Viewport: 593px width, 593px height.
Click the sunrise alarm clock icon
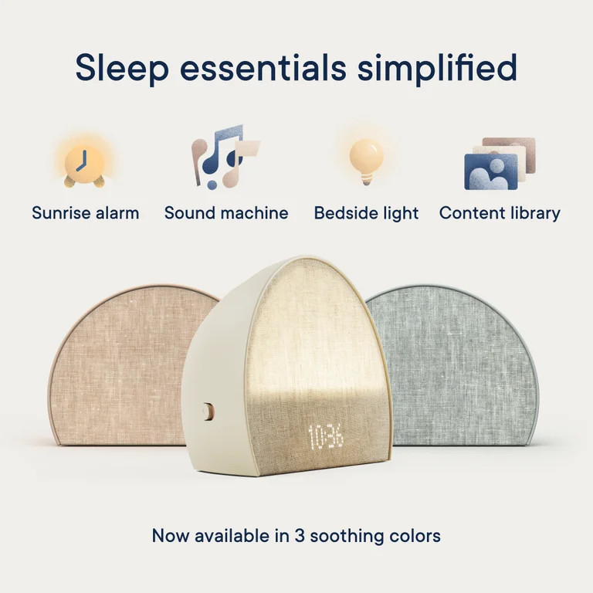coord(83,163)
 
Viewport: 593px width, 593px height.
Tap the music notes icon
coord(224,158)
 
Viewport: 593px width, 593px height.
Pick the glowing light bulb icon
coord(366,160)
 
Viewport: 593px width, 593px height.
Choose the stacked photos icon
coord(500,163)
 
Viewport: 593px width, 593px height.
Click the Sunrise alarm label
coord(86,213)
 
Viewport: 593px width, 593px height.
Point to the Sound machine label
coord(226,213)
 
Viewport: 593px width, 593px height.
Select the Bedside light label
coord(366,213)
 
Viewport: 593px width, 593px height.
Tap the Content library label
coord(500,213)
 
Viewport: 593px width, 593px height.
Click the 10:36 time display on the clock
coord(326,437)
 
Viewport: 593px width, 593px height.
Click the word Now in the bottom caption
coord(170,535)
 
